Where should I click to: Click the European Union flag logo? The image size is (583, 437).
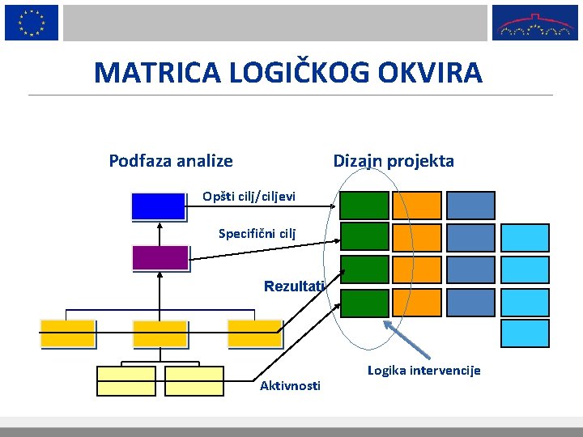click(31, 22)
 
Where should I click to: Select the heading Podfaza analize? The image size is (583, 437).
click(171, 161)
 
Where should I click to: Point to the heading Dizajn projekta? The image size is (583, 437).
click(394, 161)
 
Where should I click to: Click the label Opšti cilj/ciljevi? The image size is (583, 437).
click(249, 197)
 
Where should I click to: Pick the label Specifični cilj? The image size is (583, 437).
click(257, 234)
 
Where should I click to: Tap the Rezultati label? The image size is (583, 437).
click(294, 286)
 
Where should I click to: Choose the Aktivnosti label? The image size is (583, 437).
click(290, 386)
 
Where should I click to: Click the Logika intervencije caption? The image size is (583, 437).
click(423, 371)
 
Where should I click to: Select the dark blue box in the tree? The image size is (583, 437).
click(159, 206)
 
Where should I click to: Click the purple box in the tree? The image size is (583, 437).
click(160, 257)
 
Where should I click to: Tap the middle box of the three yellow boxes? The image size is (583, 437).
click(160, 333)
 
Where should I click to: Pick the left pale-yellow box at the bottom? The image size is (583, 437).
click(126, 380)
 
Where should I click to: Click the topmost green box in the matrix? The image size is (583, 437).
click(364, 205)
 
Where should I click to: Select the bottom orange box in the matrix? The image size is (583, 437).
click(417, 302)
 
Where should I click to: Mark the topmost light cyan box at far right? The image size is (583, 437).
click(525, 237)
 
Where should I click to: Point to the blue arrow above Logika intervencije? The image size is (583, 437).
click(407, 339)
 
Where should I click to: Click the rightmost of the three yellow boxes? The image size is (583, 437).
click(254, 333)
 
